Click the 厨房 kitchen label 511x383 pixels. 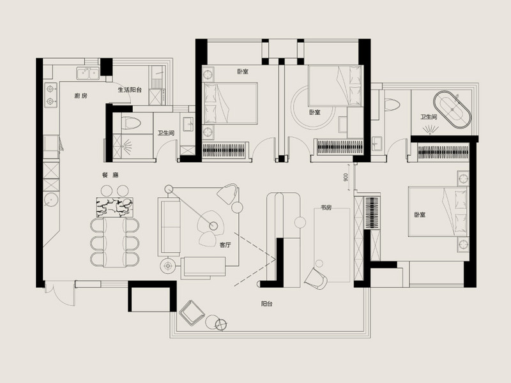pyautogui.click(x=80, y=96)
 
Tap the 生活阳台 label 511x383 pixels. pyautogui.click(x=130, y=90)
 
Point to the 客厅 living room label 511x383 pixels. pyautogui.click(x=225, y=244)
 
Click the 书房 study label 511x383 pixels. pyautogui.click(x=326, y=207)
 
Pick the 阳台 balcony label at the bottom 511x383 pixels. pyautogui.click(x=267, y=304)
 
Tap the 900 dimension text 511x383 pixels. pyautogui.click(x=345, y=177)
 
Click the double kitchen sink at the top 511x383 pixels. pyautogui.click(x=88, y=74)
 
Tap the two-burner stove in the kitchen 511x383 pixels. pyautogui.click(x=50, y=94)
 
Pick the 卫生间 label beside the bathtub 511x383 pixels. pyautogui.click(x=429, y=117)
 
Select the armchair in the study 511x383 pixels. pyautogui.click(x=317, y=276)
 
